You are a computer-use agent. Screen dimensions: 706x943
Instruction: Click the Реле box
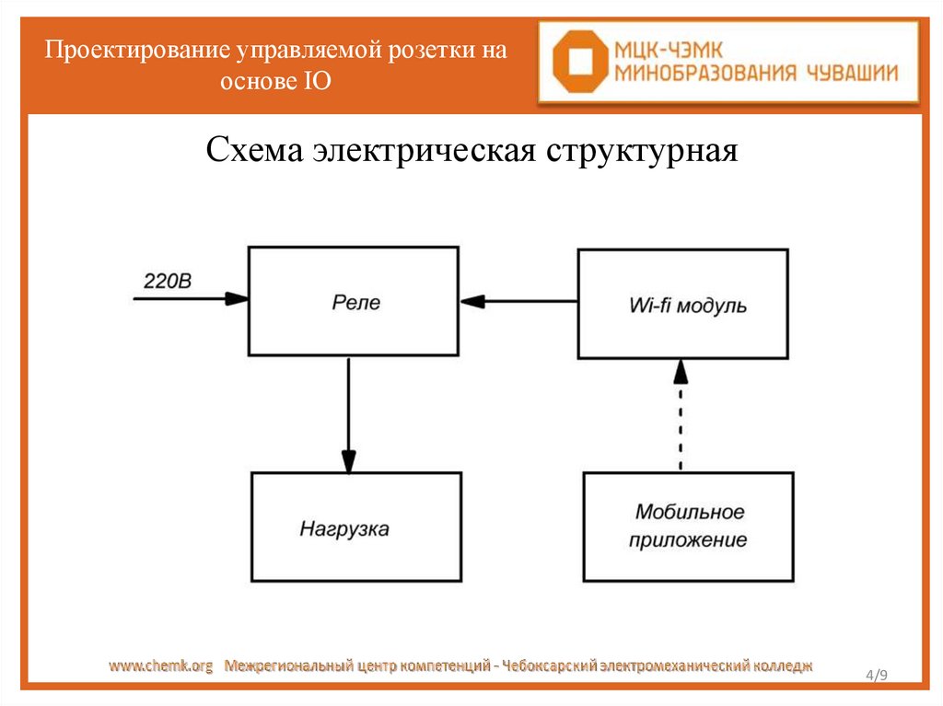(354, 302)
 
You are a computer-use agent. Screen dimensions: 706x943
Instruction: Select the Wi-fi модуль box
(682, 304)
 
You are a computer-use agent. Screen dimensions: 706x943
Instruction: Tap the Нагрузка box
(356, 527)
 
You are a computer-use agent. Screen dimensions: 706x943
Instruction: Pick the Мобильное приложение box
(688, 526)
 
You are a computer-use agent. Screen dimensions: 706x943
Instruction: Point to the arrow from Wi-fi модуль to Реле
(518, 300)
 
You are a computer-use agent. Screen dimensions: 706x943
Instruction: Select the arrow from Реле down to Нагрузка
(348, 414)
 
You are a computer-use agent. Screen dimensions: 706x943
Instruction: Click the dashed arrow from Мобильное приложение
(680, 414)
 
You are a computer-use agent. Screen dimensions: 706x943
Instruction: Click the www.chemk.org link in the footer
(161, 665)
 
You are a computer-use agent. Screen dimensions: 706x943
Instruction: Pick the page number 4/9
(876, 677)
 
